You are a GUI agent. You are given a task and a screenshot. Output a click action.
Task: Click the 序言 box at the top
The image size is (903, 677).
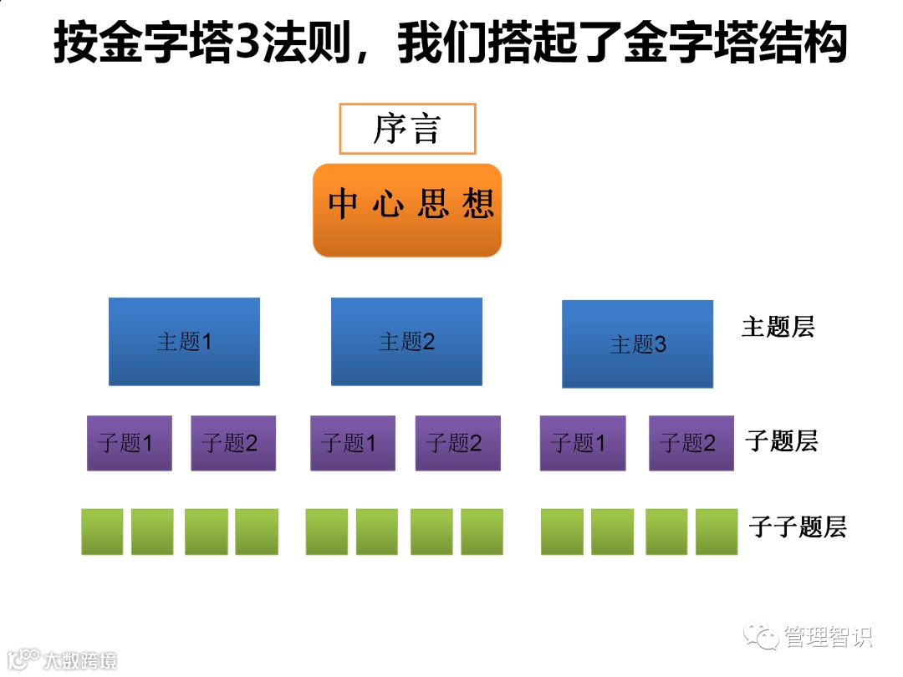(407, 129)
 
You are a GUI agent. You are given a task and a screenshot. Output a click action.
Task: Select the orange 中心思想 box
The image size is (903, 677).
(407, 210)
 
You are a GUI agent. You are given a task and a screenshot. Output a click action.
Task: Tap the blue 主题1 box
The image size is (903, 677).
(184, 341)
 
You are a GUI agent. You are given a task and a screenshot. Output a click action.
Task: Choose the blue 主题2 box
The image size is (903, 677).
(406, 341)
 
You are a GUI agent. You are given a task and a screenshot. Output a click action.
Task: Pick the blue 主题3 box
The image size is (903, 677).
(637, 344)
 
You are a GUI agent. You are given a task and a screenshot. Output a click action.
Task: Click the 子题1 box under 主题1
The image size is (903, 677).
(129, 443)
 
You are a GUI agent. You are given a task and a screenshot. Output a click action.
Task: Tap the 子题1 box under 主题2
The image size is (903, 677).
(352, 443)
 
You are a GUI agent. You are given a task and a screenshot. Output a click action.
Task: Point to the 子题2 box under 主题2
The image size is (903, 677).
(457, 443)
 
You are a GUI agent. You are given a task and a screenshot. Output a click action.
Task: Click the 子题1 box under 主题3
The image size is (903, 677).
(582, 443)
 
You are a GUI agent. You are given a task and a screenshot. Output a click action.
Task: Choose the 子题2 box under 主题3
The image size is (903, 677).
(691, 443)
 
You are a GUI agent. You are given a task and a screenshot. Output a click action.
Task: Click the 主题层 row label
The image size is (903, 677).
(778, 327)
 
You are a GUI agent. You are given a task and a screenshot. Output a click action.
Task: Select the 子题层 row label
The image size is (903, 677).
(781, 440)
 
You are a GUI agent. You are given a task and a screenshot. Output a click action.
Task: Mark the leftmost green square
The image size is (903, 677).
(102, 532)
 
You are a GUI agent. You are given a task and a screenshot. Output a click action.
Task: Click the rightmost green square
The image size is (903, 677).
(717, 532)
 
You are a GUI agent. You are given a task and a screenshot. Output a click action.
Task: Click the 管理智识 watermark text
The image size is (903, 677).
(828, 637)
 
